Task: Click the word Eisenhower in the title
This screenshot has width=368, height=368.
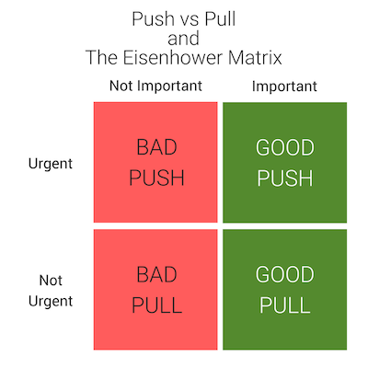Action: point(173,57)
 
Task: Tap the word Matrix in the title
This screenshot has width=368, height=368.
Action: point(255,57)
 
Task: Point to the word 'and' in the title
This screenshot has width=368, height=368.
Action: point(183,39)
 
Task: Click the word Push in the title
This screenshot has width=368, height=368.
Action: point(153,19)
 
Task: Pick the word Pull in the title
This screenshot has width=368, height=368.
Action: point(220,19)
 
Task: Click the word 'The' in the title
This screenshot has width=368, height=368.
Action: point(102,57)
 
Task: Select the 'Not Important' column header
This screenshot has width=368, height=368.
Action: point(155,86)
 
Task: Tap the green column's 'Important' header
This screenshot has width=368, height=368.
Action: point(284,86)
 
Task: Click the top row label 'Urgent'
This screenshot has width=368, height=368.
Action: point(51,164)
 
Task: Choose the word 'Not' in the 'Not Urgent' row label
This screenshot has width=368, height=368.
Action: point(51,281)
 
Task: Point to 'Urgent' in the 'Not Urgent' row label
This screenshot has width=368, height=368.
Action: point(51,302)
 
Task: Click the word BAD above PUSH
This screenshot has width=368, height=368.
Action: point(156,147)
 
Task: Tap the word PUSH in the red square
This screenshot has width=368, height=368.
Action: point(156,178)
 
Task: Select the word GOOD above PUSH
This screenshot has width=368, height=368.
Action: point(285,147)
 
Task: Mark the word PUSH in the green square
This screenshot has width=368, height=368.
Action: point(285,178)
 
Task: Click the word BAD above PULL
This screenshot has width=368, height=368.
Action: point(156,274)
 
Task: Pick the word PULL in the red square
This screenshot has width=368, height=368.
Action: point(156,305)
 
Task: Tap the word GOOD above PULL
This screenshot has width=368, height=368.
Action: point(285,274)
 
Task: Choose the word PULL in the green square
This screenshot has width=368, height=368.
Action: point(285,305)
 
